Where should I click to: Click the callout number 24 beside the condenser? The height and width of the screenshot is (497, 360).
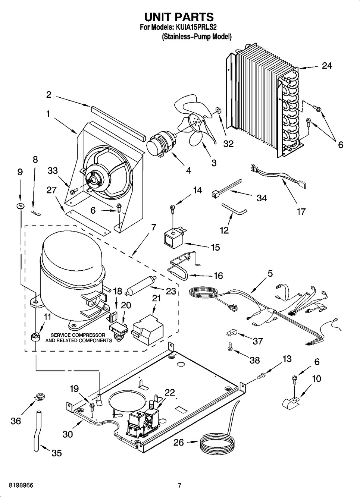pos(327,66)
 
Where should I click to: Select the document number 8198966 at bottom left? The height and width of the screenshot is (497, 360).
pos(21,485)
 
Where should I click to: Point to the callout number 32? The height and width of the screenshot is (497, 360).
pos(228,144)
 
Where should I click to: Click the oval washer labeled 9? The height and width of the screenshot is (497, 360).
pos(20,206)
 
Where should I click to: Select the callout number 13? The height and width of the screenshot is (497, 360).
pos(287,359)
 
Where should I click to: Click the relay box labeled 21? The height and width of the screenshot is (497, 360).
pos(148,330)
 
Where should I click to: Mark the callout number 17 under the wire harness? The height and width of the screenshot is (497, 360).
pos(301,212)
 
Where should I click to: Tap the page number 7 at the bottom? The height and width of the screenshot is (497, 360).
pos(180,485)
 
